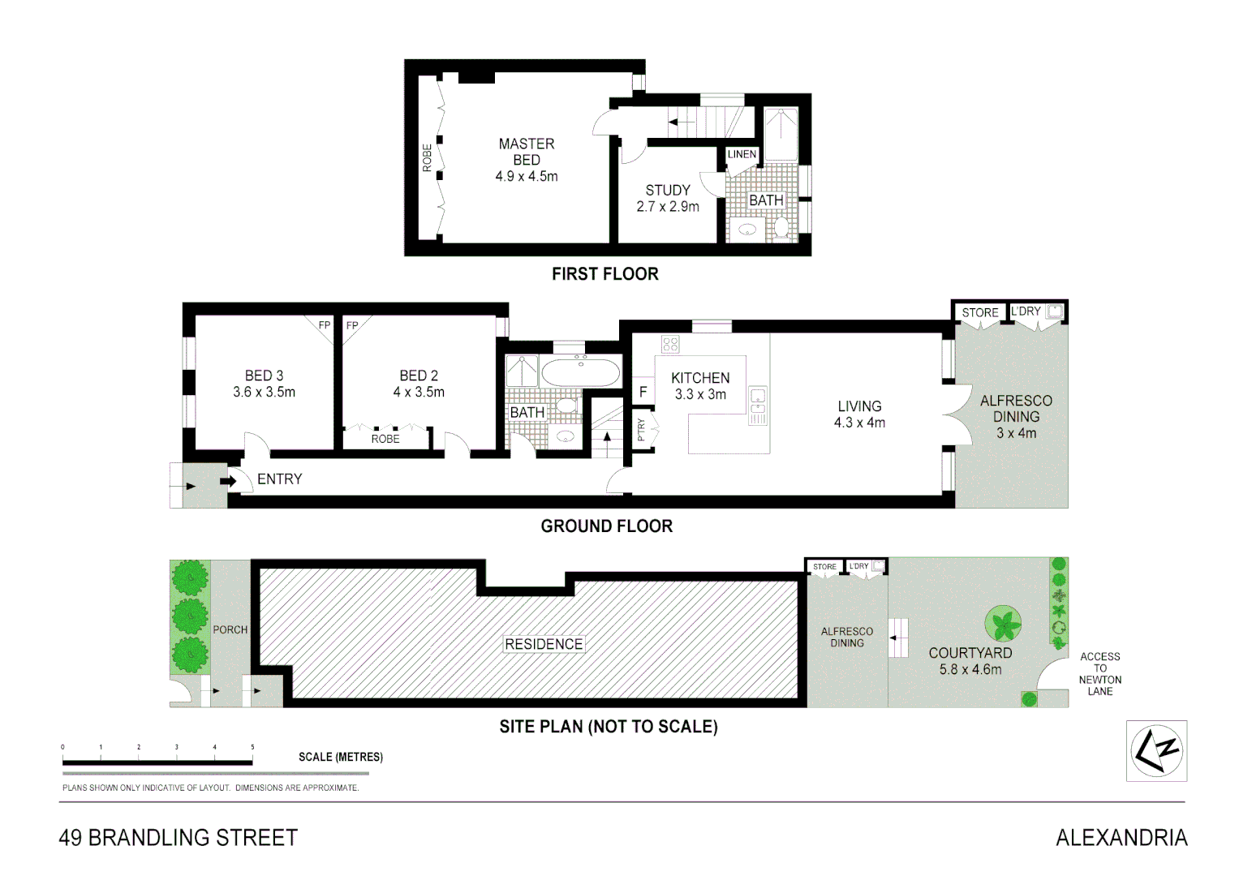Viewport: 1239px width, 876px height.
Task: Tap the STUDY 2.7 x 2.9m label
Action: pyautogui.click(x=667, y=198)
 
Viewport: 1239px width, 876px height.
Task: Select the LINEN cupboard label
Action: pyautogui.click(x=742, y=154)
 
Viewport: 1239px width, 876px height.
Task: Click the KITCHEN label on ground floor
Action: pyautogui.click(x=700, y=378)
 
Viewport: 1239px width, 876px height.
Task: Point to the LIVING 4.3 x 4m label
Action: pyautogui.click(x=859, y=414)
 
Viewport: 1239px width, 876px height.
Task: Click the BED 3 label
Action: pyautogui.click(x=264, y=384)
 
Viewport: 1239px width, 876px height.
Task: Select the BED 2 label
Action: pyautogui.click(x=419, y=384)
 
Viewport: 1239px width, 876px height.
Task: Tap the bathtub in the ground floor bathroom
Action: pyautogui.click(x=580, y=373)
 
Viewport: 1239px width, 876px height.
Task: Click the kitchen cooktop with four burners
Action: pyautogui.click(x=670, y=344)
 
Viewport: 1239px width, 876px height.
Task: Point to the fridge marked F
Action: pyautogui.click(x=643, y=392)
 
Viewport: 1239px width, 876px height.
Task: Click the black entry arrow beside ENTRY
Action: pyautogui.click(x=228, y=481)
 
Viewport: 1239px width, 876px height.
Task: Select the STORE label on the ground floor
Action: pyautogui.click(x=979, y=312)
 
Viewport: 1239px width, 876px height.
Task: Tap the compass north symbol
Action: pyautogui.click(x=1156, y=751)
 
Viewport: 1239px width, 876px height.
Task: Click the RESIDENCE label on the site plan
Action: pyautogui.click(x=544, y=644)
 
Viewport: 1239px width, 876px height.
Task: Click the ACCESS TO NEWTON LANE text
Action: pyautogui.click(x=1099, y=674)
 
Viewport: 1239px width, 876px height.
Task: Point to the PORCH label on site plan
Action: pyautogui.click(x=230, y=629)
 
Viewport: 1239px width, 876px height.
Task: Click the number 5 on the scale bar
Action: pyautogui.click(x=252, y=747)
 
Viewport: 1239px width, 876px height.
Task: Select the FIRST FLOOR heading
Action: pyautogui.click(x=604, y=274)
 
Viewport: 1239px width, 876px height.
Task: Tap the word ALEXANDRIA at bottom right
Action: pyautogui.click(x=1121, y=838)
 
